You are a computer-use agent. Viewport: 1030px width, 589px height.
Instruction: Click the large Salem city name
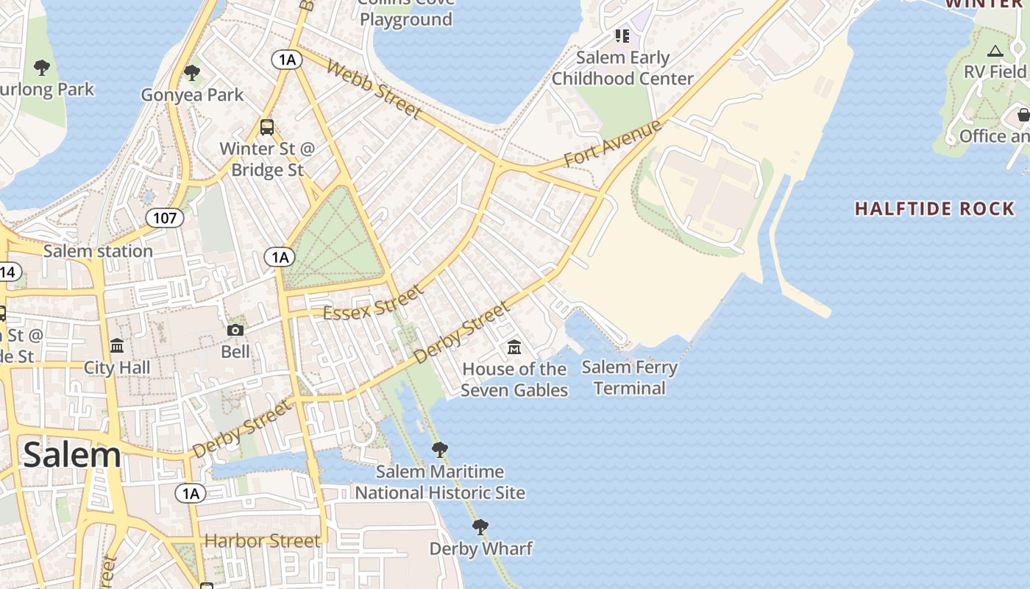[72, 454]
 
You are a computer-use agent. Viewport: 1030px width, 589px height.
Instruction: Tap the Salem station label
[98, 251]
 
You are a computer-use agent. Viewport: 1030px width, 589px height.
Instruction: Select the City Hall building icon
[117, 345]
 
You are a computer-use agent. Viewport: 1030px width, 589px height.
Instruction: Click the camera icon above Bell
[235, 330]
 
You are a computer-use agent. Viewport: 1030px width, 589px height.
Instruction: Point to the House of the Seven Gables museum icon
[514, 346]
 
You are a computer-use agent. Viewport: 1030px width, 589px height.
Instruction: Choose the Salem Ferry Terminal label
[629, 377]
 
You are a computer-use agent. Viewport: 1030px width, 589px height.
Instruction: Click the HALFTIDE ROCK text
[934, 209]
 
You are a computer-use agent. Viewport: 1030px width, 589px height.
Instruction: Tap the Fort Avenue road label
[613, 143]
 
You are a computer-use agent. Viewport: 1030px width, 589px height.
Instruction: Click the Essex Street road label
[374, 303]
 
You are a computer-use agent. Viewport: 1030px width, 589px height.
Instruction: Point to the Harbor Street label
[263, 541]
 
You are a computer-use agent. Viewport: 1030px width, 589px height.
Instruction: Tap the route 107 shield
[164, 217]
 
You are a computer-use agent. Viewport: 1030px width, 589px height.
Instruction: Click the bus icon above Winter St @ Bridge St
[267, 127]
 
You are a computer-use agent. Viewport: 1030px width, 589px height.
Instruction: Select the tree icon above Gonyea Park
[192, 73]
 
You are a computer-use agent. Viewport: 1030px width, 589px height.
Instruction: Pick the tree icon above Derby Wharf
[480, 527]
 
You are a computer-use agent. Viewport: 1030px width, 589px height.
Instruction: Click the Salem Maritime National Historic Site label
[440, 482]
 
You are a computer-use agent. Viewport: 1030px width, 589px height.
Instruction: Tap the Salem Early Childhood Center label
[622, 68]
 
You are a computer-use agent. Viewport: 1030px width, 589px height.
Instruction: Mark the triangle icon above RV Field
[995, 51]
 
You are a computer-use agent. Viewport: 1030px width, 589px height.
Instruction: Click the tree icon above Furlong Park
[42, 68]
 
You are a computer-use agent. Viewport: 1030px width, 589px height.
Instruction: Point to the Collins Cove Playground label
[406, 15]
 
